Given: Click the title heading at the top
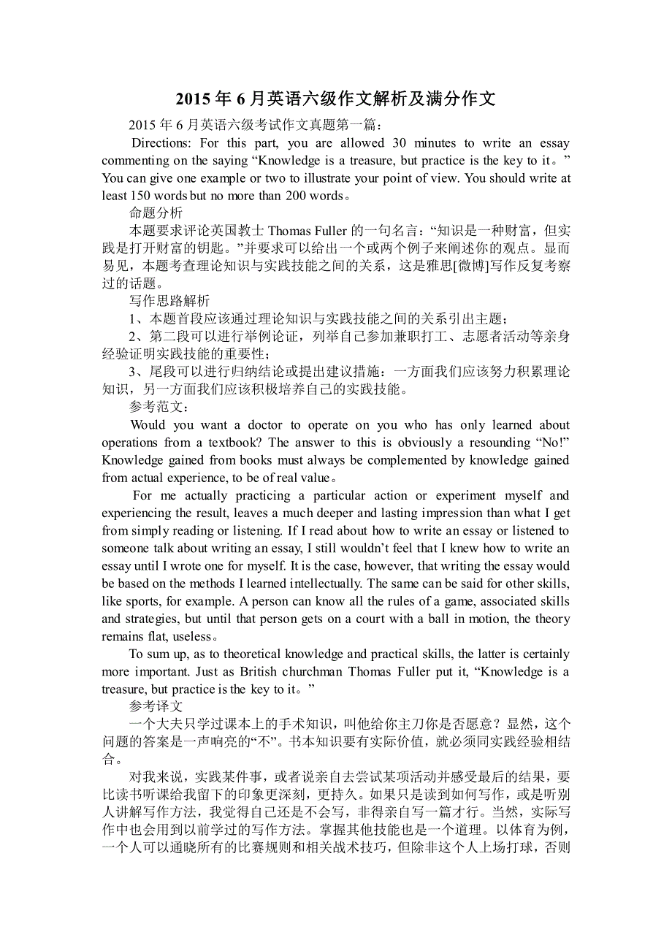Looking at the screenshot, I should (x=336, y=99).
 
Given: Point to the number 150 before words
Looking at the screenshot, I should (x=140, y=196).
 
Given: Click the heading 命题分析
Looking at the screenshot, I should (x=156, y=213).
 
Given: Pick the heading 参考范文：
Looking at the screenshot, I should (x=159, y=407).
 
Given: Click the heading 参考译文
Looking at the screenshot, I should (x=156, y=707).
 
